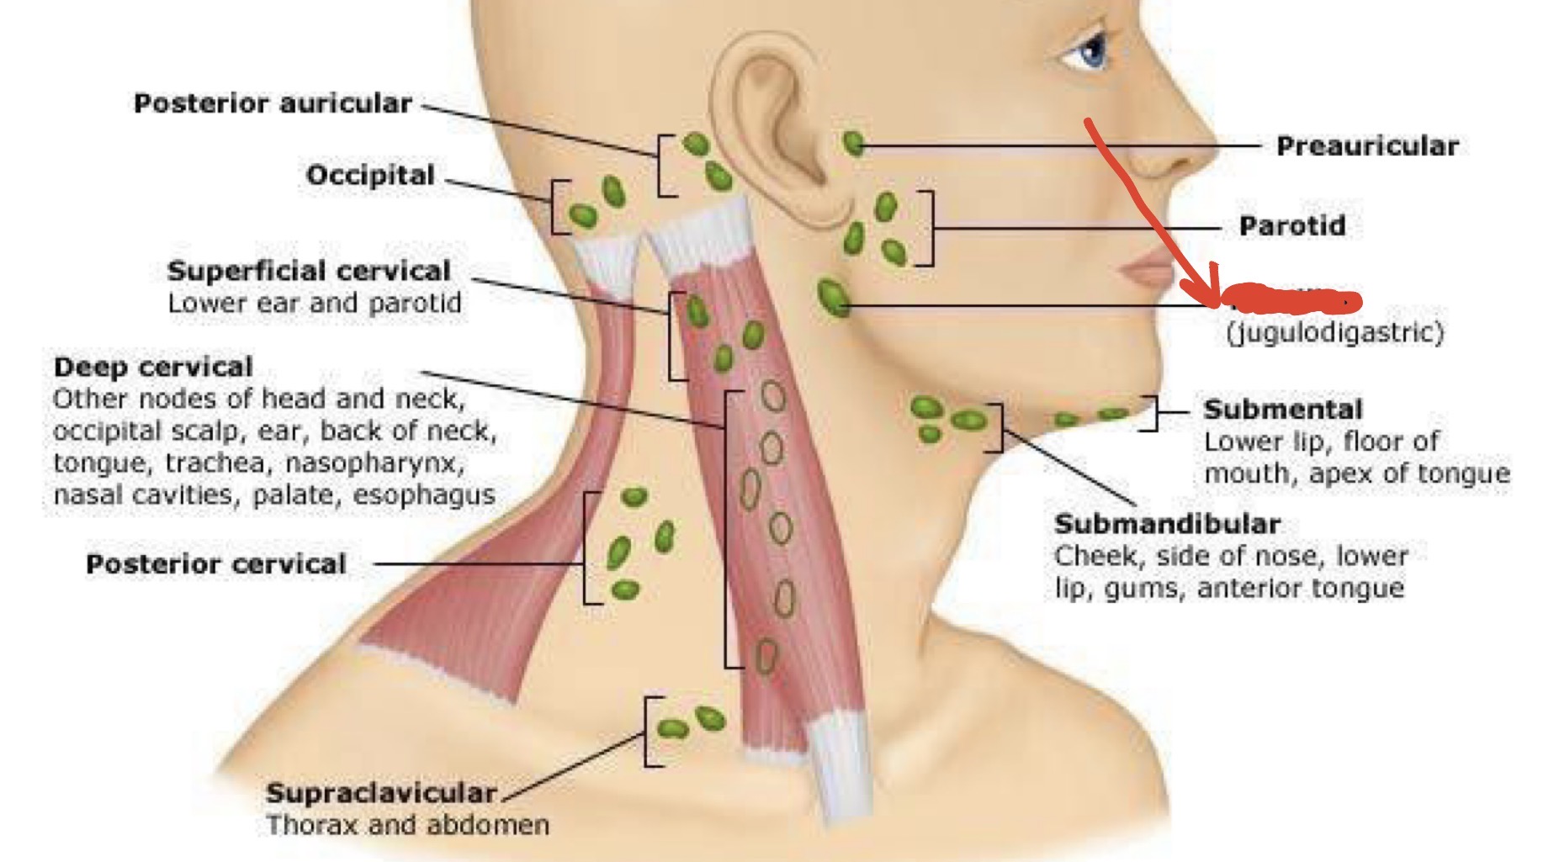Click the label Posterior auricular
tap(273, 103)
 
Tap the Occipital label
tap(370, 175)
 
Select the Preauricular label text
tap(1367, 146)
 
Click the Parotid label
tap(1292, 225)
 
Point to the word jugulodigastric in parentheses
tap(1335, 333)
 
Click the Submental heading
tap(1283, 410)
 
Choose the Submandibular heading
tap(1167, 524)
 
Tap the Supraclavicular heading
tap(381, 792)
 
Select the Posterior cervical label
tap(216, 563)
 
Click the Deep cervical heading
tap(153, 367)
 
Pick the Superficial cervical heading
tap(309, 271)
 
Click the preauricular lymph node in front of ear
tap(853, 145)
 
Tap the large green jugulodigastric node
tap(834, 297)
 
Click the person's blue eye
tap(1091, 52)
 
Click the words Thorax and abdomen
tap(408, 824)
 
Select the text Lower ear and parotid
tap(315, 303)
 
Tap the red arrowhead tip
tap(1214, 301)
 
